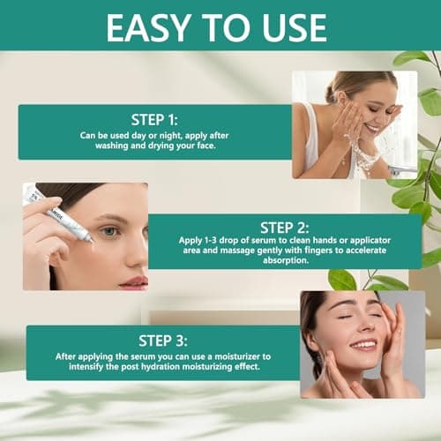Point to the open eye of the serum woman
(x=107, y=231)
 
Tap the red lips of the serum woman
(x=132, y=281)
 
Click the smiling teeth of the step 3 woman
(x=362, y=345)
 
